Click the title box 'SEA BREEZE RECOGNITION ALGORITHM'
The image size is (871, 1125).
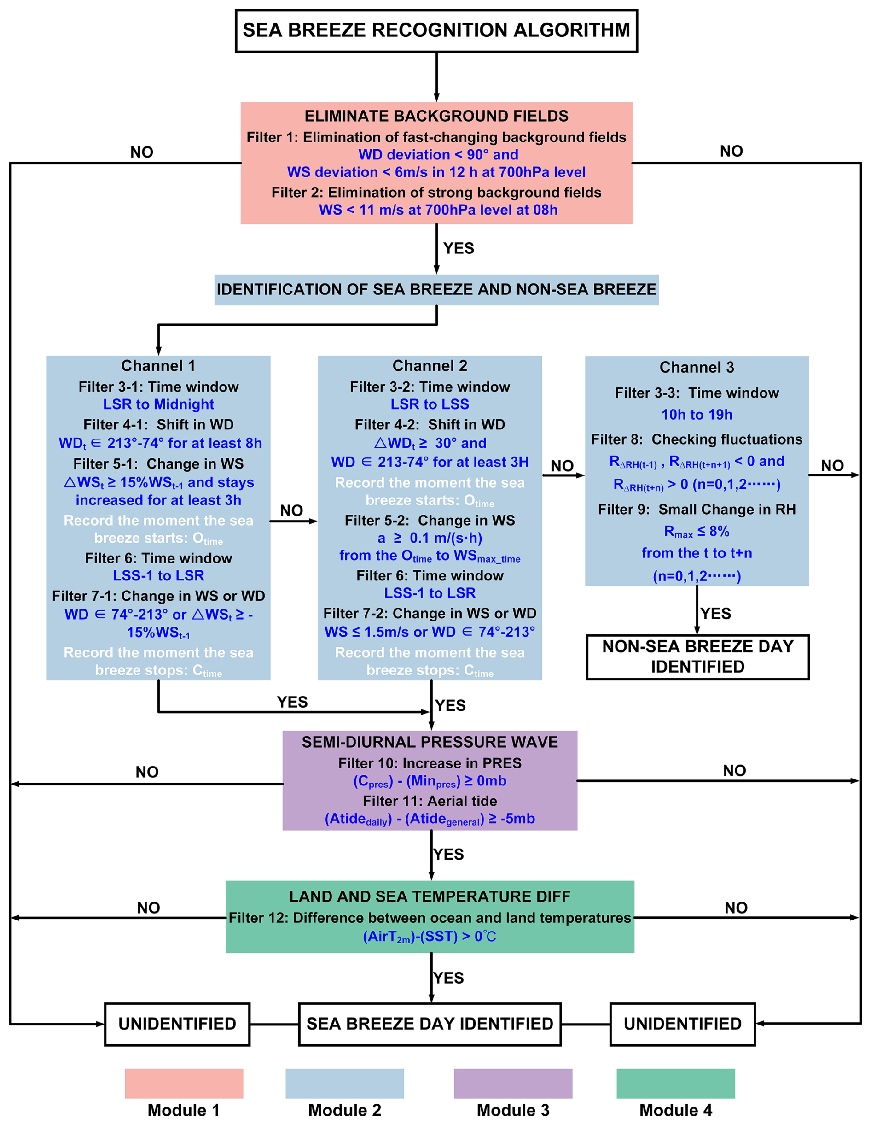tap(436, 30)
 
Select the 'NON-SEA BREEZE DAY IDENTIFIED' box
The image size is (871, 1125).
tap(697, 657)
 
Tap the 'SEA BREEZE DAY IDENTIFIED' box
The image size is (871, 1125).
tap(430, 1024)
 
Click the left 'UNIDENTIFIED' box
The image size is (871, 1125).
tap(177, 1024)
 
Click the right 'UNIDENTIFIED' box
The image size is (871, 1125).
tap(683, 1024)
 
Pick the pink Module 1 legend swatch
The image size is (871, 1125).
tap(184, 1083)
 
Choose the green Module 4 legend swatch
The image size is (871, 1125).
tap(675, 1083)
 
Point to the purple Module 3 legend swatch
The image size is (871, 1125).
tap(513, 1083)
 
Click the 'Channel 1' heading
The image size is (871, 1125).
tap(158, 366)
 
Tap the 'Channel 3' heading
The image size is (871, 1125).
tap(697, 367)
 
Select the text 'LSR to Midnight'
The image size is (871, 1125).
tap(158, 404)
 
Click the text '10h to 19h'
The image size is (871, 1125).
tap(697, 415)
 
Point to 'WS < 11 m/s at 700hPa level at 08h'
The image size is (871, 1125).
tap(438, 210)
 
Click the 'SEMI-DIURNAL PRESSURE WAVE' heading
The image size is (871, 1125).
tap(430, 742)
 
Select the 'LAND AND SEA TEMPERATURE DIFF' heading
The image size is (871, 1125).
tap(430, 896)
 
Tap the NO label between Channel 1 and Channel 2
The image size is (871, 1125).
tap(291, 510)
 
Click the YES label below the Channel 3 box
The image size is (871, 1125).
tap(715, 614)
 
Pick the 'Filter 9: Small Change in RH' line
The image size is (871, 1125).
tap(697, 510)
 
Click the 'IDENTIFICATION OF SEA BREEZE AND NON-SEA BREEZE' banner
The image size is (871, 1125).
tap(436, 289)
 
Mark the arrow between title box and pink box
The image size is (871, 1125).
tap(436, 77)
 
